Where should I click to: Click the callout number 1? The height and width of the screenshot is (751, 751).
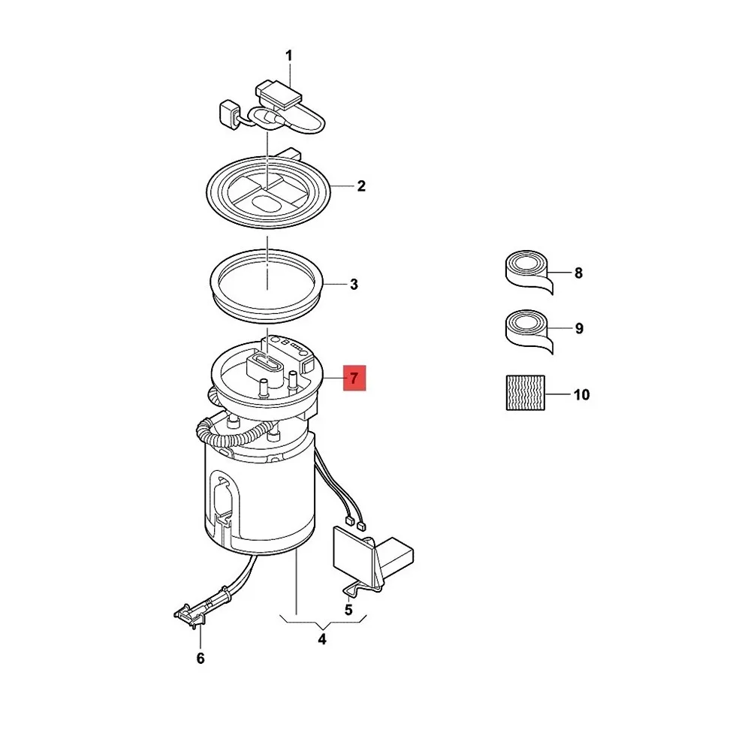pyautogui.click(x=289, y=56)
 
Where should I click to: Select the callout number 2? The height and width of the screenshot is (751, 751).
pyautogui.click(x=361, y=185)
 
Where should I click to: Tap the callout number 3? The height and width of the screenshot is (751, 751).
pyautogui.click(x=354, y=285)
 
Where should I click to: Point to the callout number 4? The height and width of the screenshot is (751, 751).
pyautogui.click(x=322, y=640)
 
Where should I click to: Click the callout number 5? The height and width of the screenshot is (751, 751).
pyautogui.click(x=348, y=610)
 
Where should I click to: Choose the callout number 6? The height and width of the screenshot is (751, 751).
pyautogui.click(x=201, y=659)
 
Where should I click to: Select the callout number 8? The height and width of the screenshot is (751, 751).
pyautogui.click(x=578, y=273)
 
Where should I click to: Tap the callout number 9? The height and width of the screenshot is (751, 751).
pyautogui.click(x=578, y=328)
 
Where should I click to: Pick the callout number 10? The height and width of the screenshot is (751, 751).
pyautogui.click(x=581, y=394)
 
